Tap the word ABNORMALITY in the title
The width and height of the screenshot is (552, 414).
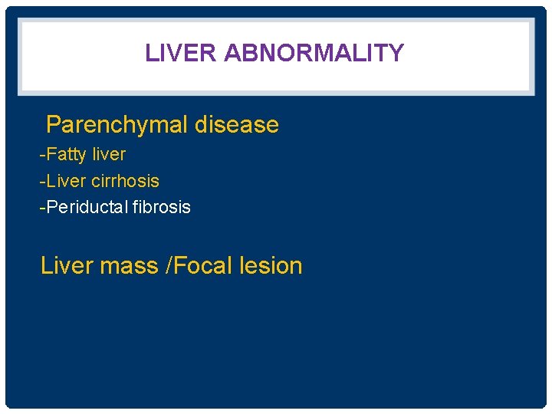pyautogui.click(x=314, y=53)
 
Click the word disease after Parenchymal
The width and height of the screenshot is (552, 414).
pyautogui.click(x=237, y=125)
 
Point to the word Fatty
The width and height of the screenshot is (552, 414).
pyautogui.click(x=67, y=155)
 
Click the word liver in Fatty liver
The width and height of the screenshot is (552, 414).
pyautogui.click(x=109, y=155)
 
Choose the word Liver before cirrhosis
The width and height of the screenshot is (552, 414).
pyautogui.click(x=66, y=182)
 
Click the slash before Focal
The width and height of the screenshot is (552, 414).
pyautogui.click(x=169, y=266)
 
